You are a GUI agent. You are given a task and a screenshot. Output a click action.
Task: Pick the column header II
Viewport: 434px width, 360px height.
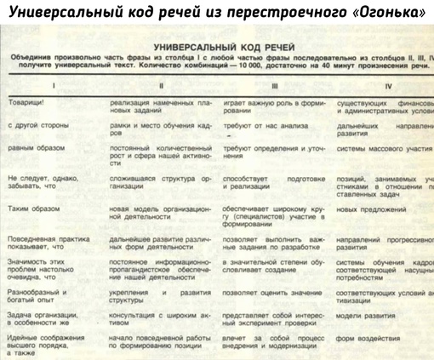coord(161,85)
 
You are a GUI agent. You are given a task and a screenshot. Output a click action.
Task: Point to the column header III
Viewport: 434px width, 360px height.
coord(274,85)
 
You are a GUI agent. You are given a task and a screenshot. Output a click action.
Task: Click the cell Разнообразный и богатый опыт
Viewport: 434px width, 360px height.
coord(34,297)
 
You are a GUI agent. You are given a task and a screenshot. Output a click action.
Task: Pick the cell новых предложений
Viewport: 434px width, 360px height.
coord(371,207)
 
